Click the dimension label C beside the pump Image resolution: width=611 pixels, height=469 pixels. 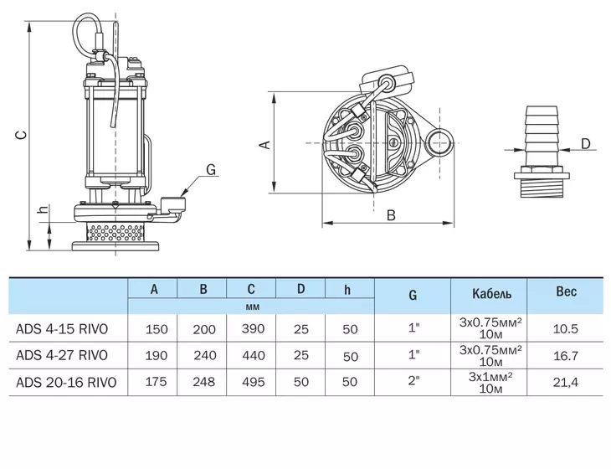tap(21, 135)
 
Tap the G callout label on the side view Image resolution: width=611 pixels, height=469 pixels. tap(211, 169)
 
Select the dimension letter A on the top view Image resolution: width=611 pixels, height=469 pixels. tap(265, 145)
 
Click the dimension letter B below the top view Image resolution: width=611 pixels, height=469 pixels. tap(391, 215)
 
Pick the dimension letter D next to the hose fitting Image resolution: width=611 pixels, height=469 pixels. tap(586, 144)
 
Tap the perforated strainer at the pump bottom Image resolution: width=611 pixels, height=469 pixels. tap(116, 232)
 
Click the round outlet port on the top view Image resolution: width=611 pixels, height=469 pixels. tap(440, 142)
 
